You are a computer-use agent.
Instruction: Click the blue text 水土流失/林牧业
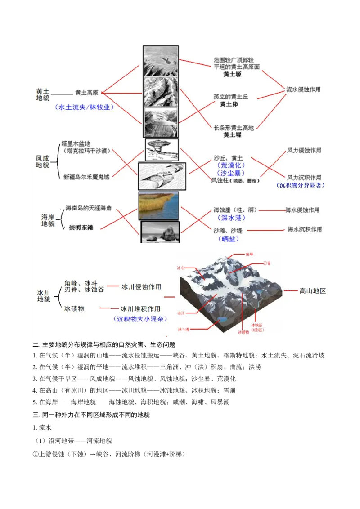click(84, 107)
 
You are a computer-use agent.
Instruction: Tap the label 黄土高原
click(87, 93)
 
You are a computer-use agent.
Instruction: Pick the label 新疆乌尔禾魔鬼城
click(86, 177)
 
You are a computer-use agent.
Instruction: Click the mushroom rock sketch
click(161, 149)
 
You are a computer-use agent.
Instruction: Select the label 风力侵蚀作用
click(304, 151)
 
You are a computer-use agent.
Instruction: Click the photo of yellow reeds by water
click(158, 205)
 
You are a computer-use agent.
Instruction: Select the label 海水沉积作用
click(305, 229)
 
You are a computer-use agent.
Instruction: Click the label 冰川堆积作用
click(140, 309)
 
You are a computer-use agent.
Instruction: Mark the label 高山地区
click(313, 291)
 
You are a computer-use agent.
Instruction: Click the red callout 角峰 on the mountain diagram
click(250, 254)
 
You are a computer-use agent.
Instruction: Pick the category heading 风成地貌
click(42, 162)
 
